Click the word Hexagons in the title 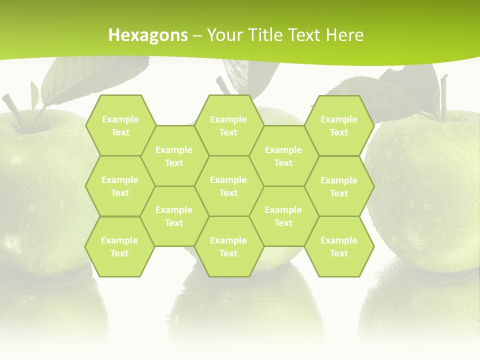point(148,35)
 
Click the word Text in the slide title point(303,35)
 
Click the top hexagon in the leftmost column point(120,125)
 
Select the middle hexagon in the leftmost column point(120,186)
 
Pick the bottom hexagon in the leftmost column point(119,246)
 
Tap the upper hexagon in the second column point(174,156)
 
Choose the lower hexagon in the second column point(174,216)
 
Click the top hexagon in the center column point(228,125)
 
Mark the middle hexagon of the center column point(228,186)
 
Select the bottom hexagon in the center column point(228,246)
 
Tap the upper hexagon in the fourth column point(283,156)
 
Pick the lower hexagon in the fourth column point(283,216)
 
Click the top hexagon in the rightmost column point(339,125)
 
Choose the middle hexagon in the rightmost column point(339,186)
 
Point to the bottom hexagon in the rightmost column point(339,246)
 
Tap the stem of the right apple point(443,97)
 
